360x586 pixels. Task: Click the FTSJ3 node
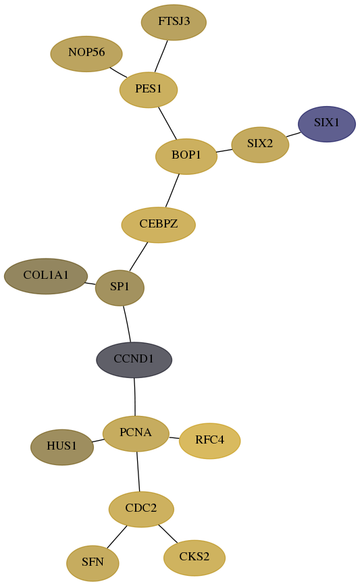[174, 22]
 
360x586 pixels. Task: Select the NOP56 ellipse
[86, 53]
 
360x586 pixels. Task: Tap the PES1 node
[149, 90]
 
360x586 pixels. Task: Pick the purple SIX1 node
[327, 124]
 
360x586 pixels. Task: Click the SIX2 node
[260, 144]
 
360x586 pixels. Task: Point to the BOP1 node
[186, 156]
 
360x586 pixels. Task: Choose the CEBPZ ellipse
[159, 225]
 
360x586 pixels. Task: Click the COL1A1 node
[46, 276]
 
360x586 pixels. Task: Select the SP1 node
[120, 288]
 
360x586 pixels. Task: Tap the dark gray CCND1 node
[134, 360]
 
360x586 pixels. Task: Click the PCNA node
[136, 433]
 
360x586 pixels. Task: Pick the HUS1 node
[62, 447]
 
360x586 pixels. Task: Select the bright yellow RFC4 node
[210, 441]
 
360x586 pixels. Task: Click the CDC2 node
[141, 509]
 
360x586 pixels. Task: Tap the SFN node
[93, 563]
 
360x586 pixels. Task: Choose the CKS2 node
[195, 558]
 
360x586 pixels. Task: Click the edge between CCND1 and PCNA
[134, 396]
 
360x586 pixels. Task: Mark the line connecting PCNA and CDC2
[138, 472]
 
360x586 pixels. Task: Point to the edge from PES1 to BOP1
[168, 124]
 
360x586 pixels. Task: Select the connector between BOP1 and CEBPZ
[172, 190]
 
